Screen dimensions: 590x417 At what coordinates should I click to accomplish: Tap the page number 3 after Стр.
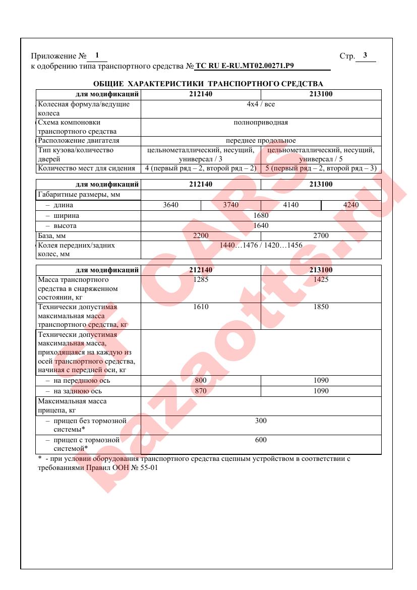365,55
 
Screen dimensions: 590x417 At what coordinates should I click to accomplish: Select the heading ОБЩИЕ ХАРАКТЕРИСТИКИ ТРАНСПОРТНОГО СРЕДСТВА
208,84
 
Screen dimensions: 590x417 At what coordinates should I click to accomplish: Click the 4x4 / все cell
261,104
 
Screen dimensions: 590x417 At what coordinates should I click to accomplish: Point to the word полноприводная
261,123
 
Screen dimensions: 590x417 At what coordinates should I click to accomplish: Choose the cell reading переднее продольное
261,141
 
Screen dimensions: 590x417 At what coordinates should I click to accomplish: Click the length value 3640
171,205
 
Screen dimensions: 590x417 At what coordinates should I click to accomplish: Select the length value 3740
231,205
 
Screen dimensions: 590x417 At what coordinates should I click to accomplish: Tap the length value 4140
290,205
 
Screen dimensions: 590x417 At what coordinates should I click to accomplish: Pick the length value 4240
351,205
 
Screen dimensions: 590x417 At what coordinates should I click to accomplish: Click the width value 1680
261,216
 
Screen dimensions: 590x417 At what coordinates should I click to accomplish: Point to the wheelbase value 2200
201,235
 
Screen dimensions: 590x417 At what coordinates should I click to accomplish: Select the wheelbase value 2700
321,235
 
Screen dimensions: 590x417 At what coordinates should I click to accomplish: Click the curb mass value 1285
201,280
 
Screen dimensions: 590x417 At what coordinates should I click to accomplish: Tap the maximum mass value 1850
321,307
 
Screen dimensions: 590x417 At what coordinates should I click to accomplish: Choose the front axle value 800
201,381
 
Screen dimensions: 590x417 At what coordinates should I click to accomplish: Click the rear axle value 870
201,391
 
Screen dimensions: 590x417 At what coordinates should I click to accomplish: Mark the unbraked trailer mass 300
261,421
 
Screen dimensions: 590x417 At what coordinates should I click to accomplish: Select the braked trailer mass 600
261,440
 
